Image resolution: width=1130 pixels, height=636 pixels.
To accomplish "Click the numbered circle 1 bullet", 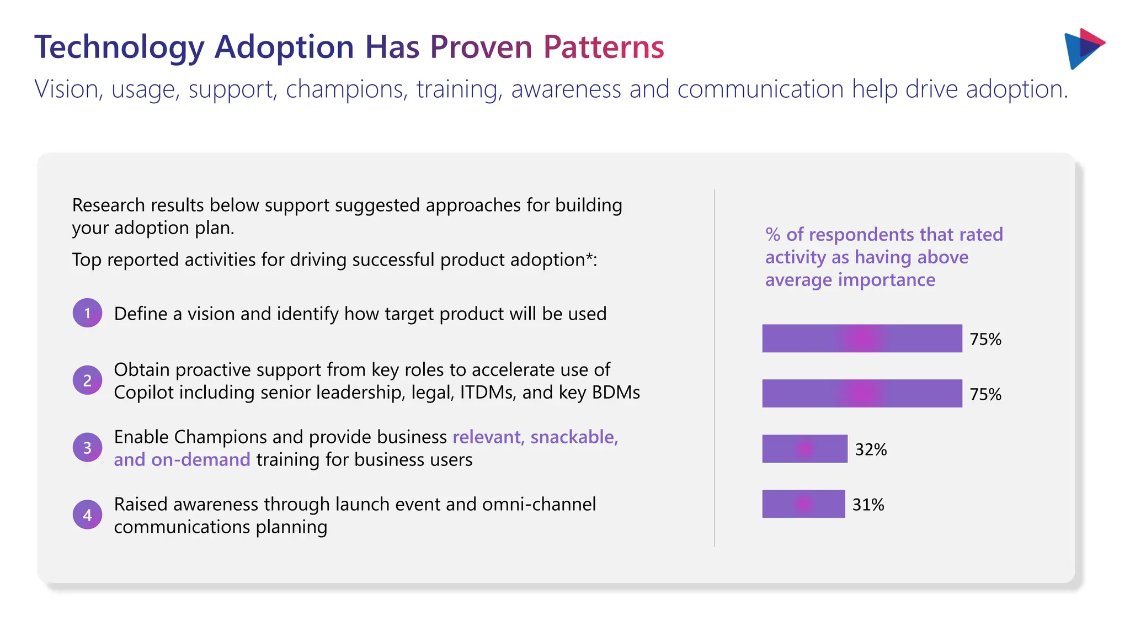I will tap(87, 313).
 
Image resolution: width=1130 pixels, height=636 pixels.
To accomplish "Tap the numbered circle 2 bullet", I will tap(87, 380).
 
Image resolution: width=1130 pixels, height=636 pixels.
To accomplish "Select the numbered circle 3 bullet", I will tap(87, 447).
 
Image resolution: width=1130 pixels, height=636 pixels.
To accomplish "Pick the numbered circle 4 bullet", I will tap(87, 515).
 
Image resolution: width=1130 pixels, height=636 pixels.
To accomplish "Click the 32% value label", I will tap(871, 449).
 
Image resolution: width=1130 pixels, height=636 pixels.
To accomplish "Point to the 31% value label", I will tap(868, 505).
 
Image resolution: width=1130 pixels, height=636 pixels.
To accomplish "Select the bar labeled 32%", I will tap(804, 449).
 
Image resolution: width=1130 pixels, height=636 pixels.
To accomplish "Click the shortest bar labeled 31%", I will tap(803, 504).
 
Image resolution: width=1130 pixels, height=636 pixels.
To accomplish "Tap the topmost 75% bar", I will tap(862, 338).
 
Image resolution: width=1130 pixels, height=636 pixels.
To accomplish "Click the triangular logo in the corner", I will tap(1083, 49).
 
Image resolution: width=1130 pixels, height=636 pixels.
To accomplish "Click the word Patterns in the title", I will tap(604, 47).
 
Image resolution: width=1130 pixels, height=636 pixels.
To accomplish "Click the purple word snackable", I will tap(574, 437).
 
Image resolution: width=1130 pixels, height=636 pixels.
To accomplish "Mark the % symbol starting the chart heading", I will tap(772, 235).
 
